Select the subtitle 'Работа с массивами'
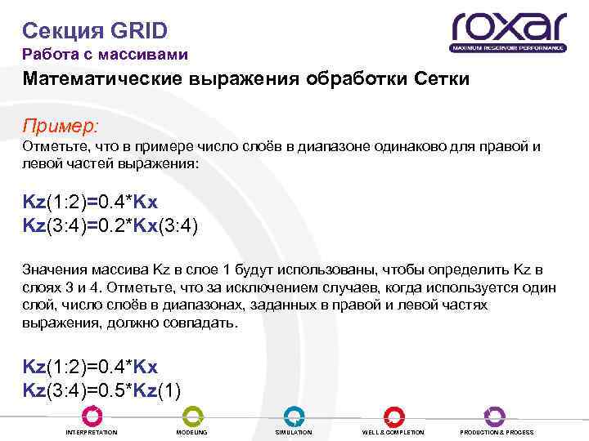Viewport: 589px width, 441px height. [105, 55]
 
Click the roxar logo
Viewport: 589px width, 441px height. [509, 26]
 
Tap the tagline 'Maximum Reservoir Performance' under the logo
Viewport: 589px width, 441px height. [509, 48]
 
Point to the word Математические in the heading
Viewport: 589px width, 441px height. [103, 81]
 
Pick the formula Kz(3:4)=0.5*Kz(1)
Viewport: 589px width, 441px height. [101, 388]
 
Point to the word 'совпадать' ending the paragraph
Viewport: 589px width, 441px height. [203, 323]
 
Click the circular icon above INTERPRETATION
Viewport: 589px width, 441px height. [92, 416]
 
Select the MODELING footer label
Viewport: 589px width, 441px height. [191, 432]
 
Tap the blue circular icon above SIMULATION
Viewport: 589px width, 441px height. [294, 416]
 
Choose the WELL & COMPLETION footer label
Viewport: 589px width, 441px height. [393, 432]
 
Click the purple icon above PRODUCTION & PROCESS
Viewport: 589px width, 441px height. [495, 416]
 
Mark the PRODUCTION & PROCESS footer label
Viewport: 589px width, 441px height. [497, 432]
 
